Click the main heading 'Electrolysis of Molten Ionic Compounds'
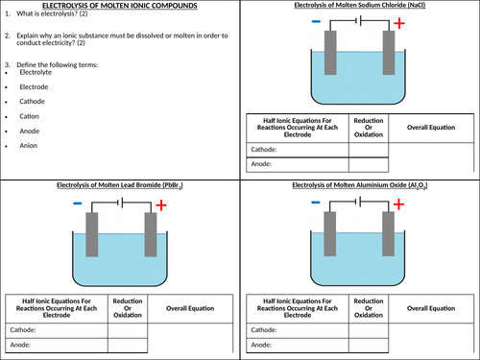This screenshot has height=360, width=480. [x=120, y=6]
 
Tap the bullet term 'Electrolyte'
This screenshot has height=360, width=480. [x=36, y=72]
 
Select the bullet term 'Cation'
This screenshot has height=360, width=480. [x=29, y=116]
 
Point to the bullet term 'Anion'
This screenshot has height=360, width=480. [x=29, y=146]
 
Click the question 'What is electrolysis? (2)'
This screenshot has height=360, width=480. [x=52, y=13]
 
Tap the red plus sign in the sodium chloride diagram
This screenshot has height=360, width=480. [x=399, y=23]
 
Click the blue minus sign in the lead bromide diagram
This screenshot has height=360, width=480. [x=78, y=204]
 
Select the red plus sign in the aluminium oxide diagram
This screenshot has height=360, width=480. [x=398, y=204]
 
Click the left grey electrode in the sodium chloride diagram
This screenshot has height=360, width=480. [x=330, y=53]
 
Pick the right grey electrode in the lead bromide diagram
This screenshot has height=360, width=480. [x=151, y=234]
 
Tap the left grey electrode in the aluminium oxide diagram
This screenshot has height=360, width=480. [x=330, y=234]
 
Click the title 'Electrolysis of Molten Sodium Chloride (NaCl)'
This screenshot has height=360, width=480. [x=360, y=5]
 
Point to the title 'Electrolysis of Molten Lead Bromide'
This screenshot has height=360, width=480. [x=120, y=185]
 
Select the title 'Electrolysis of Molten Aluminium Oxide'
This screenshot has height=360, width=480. [x=360, y=185]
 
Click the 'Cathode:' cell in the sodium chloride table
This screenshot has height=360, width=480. [x=298, y=150]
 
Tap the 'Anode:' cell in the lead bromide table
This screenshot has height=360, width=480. [x=57, y=346]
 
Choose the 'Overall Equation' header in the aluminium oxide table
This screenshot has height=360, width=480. [x=431, y=308]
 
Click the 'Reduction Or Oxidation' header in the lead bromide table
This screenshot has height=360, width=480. [x=128, y=308]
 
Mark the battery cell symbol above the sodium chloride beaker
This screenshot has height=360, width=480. [x=359, y=21]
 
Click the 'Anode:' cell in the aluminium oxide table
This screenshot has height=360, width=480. [x=298, y=346]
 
